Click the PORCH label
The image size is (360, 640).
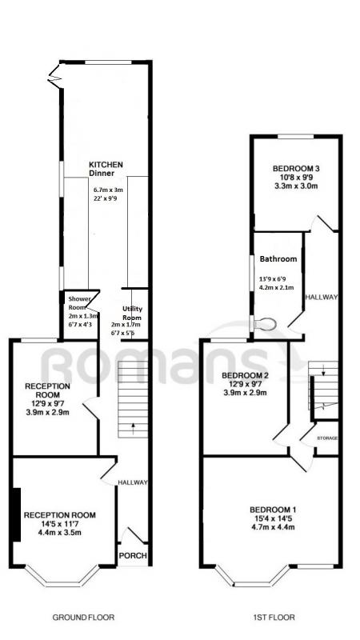[133, 556]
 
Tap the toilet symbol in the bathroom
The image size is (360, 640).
[266, 324]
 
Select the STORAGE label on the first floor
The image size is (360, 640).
[328, 438]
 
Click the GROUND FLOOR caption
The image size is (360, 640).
[83, 617]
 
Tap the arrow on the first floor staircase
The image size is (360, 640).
[323, 370]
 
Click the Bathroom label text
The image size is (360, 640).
[278, 258]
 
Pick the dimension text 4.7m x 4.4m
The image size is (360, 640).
[273, 527]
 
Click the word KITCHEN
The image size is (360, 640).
[106, 165]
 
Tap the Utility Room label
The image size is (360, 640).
[132, 314]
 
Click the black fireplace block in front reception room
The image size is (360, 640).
[16, 514]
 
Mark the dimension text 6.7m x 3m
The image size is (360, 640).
[108, 190]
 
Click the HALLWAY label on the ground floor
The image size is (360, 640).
[133, 482]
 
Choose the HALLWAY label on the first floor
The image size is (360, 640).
[323, 297]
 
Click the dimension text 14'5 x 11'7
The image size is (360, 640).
[59, 524]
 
